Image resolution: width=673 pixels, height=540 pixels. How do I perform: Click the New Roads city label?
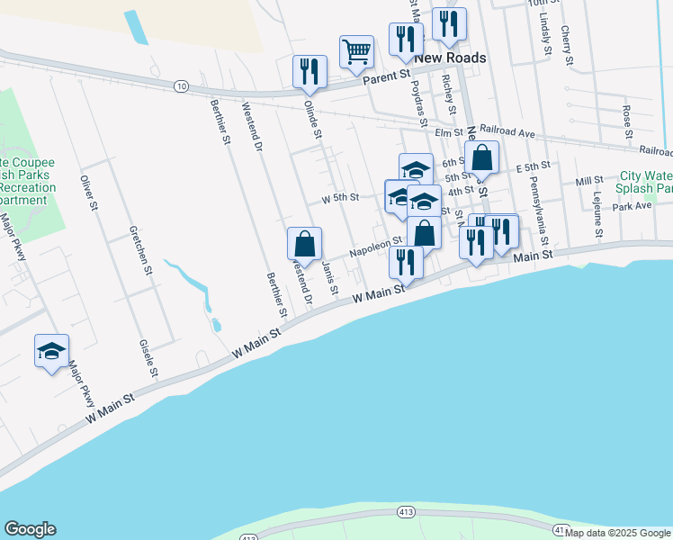pyautogui.click(x=450, y=58)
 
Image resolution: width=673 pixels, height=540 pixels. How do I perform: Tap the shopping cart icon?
pyautogui.click(x=357, y=51)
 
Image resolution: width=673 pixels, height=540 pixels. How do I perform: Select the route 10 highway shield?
pyautogui.click(x=182, y=85)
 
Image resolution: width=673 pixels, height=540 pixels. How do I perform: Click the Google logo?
pyautogui.click(x=30, y=529)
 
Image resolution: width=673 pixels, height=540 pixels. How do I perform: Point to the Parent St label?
pyautogui.click(x=386, y=80)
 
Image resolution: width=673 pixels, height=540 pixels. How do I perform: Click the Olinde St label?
pyautogui.click(x=312, y=119)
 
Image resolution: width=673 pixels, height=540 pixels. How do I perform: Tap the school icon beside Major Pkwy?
pyautogui.click(x=51, y=350)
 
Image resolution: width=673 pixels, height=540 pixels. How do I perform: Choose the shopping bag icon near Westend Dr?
pyautogui.click(x=305, y=243)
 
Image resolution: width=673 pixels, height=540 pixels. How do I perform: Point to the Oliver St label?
pyautogui.click(x=88, y=193)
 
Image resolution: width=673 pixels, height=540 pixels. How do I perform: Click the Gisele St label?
pyautogui.click(x=148, y=357)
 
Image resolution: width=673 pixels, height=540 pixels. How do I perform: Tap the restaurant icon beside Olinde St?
pyautogui.click(x=310, y=72)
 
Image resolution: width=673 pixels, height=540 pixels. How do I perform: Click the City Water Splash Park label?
pyautogui.click(x=646, y=183)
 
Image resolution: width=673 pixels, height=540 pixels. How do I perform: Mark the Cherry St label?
pyautogui.click(x=566, y=45)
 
